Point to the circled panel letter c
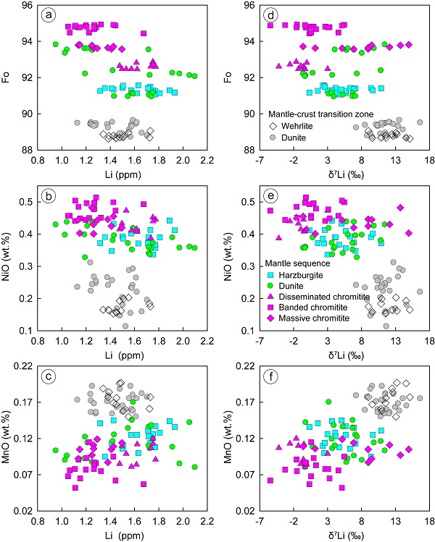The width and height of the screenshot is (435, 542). click(49, 379)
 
